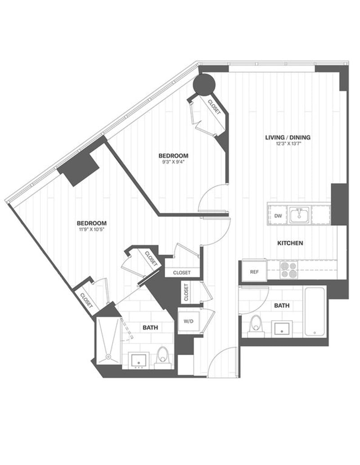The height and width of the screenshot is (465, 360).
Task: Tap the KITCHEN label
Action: pos(290,243)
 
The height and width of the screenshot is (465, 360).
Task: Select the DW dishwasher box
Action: pos(278,216)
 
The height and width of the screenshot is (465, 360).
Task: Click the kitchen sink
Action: pos(298,215)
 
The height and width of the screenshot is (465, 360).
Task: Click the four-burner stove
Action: pos(288,270)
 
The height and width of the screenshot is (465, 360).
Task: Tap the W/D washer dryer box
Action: pos(187,322)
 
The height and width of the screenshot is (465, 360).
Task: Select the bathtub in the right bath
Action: pos(315,311)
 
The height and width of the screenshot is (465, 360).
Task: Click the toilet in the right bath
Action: pos(255,325)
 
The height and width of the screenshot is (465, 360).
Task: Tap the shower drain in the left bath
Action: pos(108,358)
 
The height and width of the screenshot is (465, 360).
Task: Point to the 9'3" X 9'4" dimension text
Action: pos(172,163)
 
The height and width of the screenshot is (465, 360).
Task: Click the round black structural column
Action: pos(204,84)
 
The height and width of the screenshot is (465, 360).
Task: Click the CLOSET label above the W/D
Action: pos(186,292)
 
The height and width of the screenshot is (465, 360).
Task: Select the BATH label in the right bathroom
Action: pos(282,306)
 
